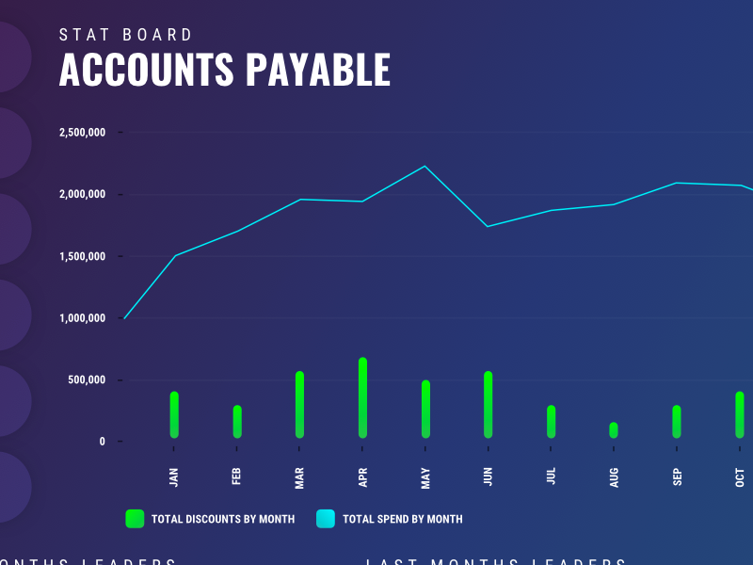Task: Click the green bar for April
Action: pyautogui.click(x=362, y=398)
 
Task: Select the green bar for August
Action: pyautogui.click(x=614, y=430)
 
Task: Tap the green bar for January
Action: pyautogui.click(x=174, y=414)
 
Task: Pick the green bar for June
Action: pyautogui.click(x=488, y=405)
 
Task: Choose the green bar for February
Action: pyautogui.click(x=237, y=422)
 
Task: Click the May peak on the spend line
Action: pyautogui.click(x=425, y=167)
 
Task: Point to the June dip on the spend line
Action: pyautogui.click(x=488, y=226)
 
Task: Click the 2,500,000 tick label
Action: pyautogui.click(x=82, y=133)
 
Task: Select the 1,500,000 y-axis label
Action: pyautogui.click(x=82, y=257)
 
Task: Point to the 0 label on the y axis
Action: pyautogui.click(x=103, y=442)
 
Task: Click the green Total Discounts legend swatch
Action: pyautogui.click(x=135, y=519)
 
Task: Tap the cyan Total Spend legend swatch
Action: pyautogui.click(x=326, y=519)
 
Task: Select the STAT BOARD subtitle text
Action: pyautogui.click(x=126, y=35)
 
